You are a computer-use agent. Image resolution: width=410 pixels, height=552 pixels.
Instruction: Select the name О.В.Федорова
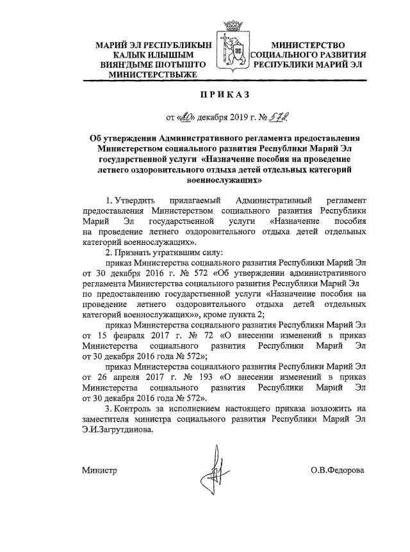(337, 470)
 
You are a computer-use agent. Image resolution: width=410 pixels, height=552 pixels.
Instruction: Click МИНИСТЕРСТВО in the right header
(308, 45)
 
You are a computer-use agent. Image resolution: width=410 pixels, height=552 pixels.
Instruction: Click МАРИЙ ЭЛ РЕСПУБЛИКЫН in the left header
(144, 45)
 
